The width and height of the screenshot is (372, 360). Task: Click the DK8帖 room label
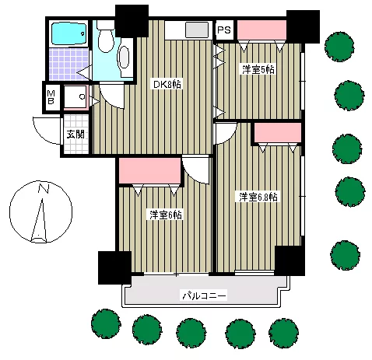(x=167, y=84)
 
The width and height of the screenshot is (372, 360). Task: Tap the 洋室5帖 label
(x=258, y=69)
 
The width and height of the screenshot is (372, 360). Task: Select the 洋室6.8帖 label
(x=258, y=197)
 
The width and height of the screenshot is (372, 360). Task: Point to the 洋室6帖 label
(x=166, y=215)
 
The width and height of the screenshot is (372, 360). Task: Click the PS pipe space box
(x=224, y=30)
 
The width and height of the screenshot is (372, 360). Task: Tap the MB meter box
(x=51, y=97)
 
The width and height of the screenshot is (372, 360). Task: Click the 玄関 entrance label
(x=75, y=134)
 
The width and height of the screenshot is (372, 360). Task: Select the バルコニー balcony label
(x=204, y=295)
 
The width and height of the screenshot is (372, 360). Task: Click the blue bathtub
(x=68, y=33)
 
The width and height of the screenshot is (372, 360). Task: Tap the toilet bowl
(x=106, y=39)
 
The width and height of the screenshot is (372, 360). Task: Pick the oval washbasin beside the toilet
(x=125, y=58)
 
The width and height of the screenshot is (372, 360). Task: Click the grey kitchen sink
(x=197, y=30)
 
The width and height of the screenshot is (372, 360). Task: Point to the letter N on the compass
(x=44, y=188)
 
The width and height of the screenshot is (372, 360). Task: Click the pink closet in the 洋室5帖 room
(x=261, y=30)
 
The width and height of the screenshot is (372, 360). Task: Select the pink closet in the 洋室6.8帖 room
(x=278, y=132)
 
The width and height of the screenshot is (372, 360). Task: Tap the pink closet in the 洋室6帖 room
(x=149, y=171)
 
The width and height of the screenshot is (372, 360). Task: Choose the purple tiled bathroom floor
(x=68, y=64)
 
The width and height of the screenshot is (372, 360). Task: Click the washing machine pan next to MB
(x=75, y=96)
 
